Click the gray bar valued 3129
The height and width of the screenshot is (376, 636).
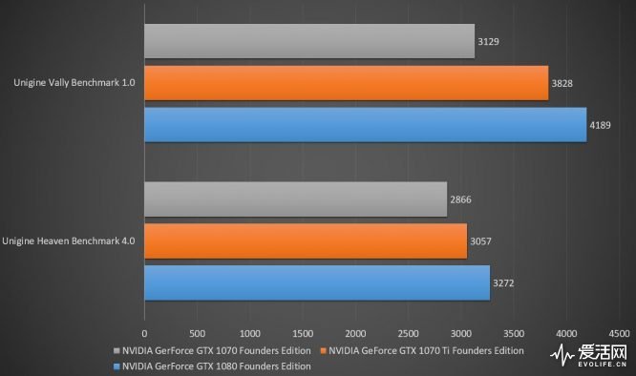tap(308, 41)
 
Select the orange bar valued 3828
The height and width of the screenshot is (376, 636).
tap(346, 83)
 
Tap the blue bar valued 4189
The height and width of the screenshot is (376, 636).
tap(365, 124)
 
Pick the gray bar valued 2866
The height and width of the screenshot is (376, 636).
tap(295, 198)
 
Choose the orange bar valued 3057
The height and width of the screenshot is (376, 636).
tap(305, 240)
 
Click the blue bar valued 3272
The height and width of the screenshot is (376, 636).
tap(316, 282)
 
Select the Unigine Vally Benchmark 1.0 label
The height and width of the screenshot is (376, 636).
tap(74, 83)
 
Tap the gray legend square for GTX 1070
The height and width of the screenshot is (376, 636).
tap(117, 350)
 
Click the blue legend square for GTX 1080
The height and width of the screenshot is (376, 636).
tap(117, 366)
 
